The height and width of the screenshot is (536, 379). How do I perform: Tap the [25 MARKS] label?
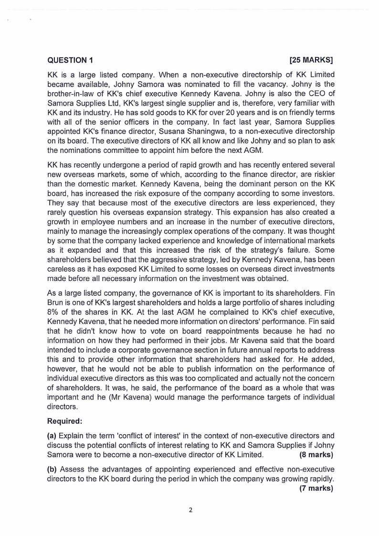311,60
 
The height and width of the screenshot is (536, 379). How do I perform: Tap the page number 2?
190,510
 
